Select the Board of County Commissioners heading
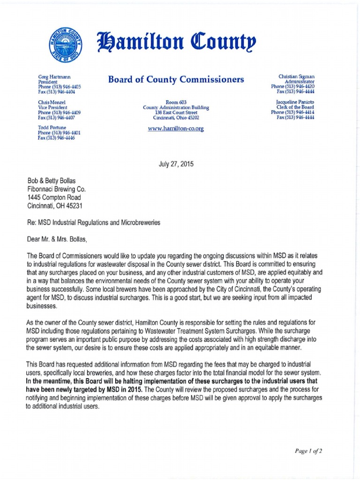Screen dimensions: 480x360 click(176, 80)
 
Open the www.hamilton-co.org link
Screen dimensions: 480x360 click(176, 128)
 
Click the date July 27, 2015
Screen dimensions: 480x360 click(176, 165)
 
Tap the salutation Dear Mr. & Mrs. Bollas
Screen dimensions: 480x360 click(57, 240)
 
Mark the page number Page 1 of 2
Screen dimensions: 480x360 click(308, 451)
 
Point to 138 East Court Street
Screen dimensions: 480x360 click(176, 112)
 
